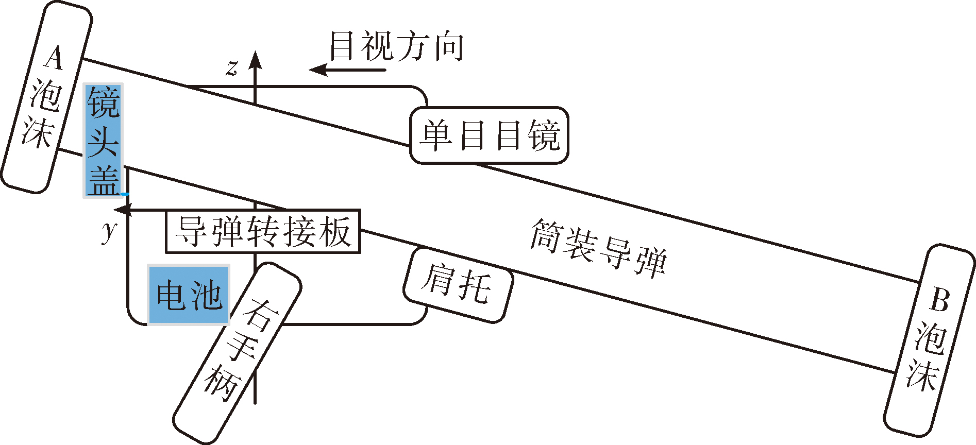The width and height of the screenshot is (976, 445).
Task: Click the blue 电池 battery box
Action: (189, 295)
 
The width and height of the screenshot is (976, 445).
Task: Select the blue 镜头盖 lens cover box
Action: (103, 141)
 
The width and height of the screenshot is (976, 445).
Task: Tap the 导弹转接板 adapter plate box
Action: (263, 231)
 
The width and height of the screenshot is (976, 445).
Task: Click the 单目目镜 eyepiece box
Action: (490, 135)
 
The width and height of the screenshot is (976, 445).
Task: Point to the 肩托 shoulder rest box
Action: (458, 285)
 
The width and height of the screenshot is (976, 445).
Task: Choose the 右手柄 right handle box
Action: (237, 353)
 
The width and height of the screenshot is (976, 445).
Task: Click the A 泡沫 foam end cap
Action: (46, 97)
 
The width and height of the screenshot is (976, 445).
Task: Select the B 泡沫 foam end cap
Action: (930, 340)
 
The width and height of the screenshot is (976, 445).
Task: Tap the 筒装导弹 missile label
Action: (599, 248)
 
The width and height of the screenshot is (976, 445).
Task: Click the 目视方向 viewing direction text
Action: (396, 46)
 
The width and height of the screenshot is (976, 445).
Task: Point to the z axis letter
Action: (232, 67)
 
